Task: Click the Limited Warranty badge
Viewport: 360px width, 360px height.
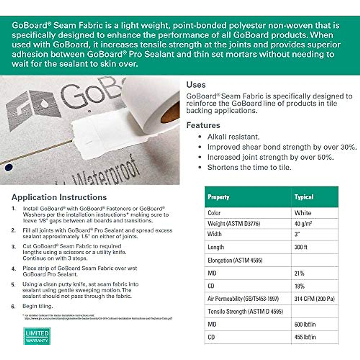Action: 37,336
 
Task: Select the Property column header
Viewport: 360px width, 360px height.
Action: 218,197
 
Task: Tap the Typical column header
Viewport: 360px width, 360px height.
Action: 304,197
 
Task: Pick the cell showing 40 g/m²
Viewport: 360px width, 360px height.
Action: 303,223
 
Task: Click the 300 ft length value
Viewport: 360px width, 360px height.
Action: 301,247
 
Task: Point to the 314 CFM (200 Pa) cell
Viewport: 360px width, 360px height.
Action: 314,299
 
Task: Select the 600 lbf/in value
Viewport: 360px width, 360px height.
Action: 305,324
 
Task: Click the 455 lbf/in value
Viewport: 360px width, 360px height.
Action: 305,337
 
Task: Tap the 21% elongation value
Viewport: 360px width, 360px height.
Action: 299,273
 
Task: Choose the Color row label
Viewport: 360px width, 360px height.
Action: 214,213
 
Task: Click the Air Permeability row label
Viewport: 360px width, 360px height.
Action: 243,299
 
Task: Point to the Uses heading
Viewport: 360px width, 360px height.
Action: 196,85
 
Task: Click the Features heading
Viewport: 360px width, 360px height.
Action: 203,125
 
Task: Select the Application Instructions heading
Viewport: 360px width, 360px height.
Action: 59,197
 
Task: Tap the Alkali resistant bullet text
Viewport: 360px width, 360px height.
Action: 233,137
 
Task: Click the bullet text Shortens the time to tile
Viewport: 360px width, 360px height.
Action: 249,167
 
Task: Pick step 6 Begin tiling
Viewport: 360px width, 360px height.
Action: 37,306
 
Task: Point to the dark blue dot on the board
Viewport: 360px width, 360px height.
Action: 9,167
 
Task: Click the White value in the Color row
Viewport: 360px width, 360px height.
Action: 303,213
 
